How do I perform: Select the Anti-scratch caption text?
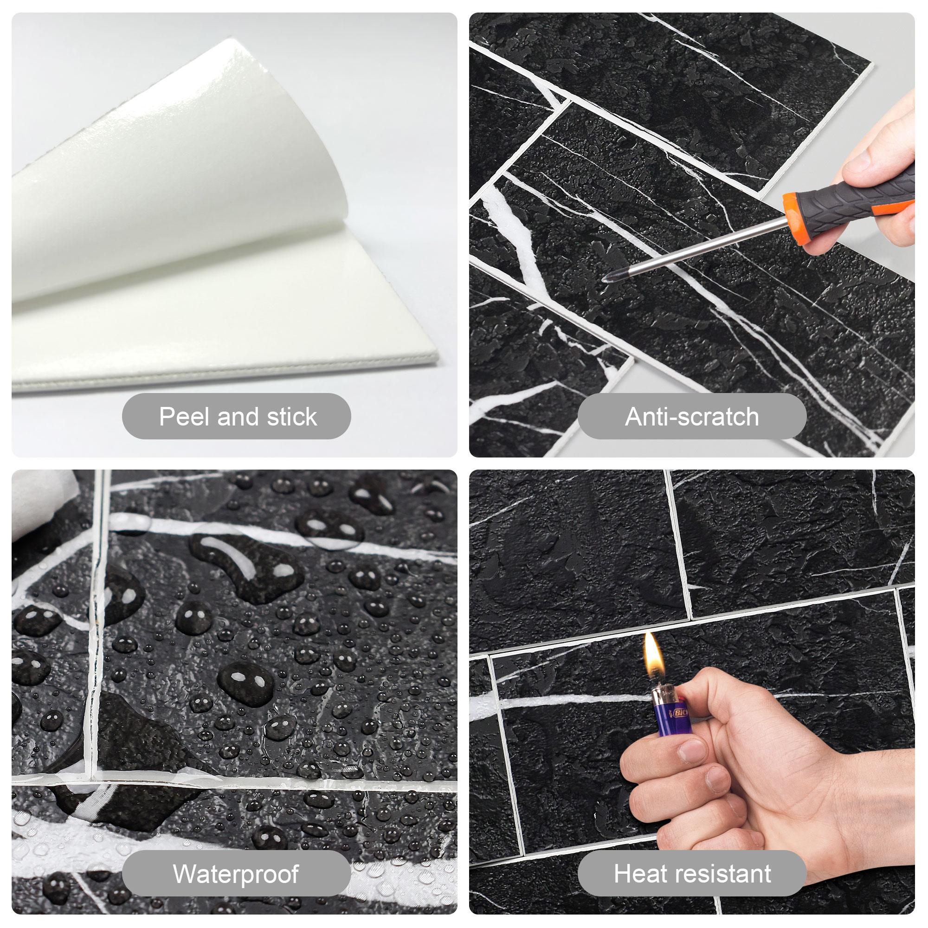click(692, 417)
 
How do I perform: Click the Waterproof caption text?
click(236, 874)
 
